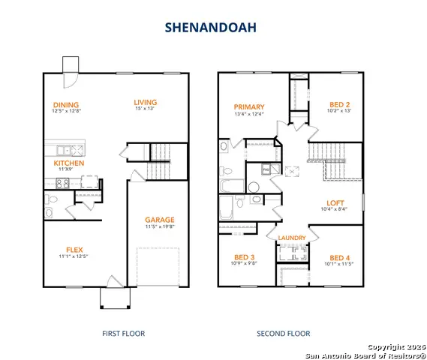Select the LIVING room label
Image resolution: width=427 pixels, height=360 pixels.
tap(146, 103)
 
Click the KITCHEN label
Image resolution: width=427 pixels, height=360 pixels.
tap(69, 163)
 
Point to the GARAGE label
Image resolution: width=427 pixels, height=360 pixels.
tap(160, 220)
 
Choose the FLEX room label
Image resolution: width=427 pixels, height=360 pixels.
tap(74, 250)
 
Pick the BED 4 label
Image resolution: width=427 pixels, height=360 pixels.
tap(340, 256)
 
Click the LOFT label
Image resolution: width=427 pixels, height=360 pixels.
tap(335, 202)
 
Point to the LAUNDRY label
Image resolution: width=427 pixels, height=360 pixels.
tap(291, 238)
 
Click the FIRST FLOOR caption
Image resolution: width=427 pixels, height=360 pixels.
tap(123, 333)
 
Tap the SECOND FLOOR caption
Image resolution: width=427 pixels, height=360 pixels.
tap(283, 333)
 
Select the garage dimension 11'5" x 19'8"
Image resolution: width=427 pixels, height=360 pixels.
tap(160, 227)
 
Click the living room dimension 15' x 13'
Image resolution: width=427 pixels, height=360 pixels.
tap(146, 110)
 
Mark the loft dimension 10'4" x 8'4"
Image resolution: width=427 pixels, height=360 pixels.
tap(335, 210)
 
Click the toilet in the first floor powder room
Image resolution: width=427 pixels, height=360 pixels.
tap(51, 205)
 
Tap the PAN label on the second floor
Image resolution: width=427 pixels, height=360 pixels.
tap(266, 170)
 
